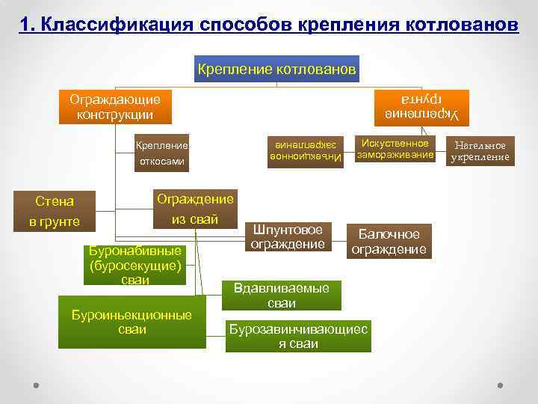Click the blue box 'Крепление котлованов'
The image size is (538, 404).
276,70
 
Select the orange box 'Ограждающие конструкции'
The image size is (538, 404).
115,107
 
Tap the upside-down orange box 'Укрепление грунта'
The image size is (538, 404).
421,107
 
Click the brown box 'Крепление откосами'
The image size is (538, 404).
161,153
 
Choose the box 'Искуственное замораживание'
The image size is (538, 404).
395,149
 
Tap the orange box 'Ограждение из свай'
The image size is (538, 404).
194,209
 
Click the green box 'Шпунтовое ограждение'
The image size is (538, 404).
288,236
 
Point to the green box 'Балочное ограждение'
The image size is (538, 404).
389,242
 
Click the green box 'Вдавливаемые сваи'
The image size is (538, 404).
281,296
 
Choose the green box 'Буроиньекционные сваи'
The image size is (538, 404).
132,322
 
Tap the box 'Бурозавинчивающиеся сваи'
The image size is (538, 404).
298,337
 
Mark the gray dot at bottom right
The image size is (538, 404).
500,386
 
